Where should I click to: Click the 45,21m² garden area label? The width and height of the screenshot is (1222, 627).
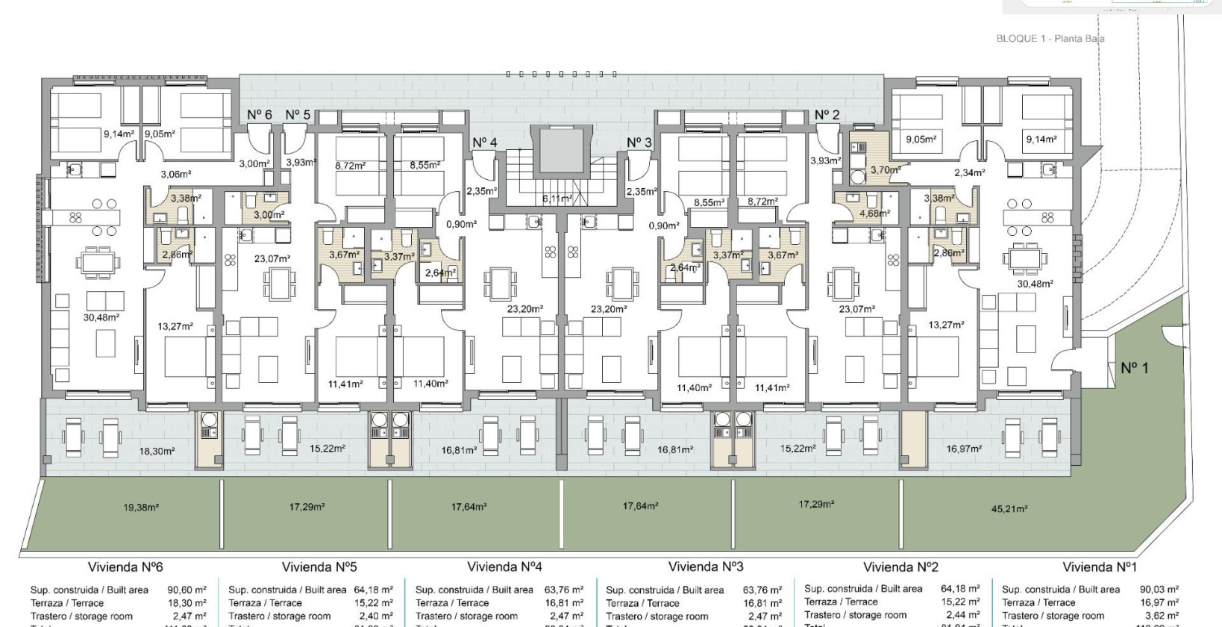point(1009,509)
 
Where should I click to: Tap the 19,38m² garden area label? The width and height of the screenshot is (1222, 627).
point(141,508)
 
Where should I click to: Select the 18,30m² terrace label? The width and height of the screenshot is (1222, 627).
point(157,452)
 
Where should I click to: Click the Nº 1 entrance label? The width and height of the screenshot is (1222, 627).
point(1135,368)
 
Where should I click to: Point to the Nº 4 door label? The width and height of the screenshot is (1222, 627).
point(484,143)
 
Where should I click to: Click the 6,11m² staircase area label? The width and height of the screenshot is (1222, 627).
point(557,199)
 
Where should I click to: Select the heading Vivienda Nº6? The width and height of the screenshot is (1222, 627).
point(125,567)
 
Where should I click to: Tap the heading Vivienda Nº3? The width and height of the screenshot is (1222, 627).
point(706,567)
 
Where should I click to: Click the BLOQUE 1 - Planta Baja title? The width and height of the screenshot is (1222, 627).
point(1050,39)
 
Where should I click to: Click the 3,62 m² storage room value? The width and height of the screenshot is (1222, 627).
point(1162,616)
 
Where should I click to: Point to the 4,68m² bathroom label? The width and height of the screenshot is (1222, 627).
point(874,213)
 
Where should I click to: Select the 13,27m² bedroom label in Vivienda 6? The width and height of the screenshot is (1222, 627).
point(175,326)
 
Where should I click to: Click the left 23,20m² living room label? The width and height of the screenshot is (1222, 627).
point(525,308)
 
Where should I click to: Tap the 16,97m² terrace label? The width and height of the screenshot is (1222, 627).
point(964,449)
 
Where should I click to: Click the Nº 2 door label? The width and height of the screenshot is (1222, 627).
point(827,114)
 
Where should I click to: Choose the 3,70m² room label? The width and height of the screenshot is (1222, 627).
point(885,170)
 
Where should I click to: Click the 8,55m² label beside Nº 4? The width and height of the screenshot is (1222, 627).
point(424,166)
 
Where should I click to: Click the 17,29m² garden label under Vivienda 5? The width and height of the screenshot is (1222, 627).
point(307,507)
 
